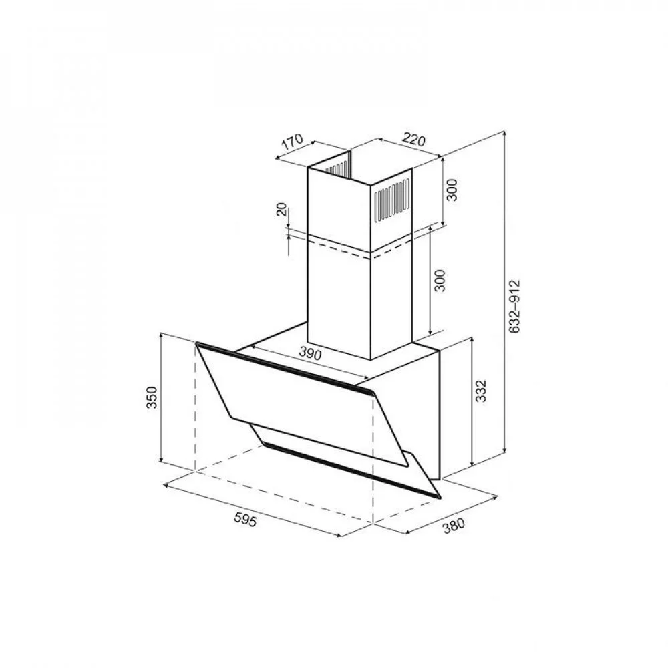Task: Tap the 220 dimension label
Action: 413,140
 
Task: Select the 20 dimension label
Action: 282,209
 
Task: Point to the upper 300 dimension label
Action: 452,190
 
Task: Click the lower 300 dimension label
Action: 440,281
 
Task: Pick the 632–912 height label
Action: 514,306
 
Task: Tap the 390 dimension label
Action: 310,353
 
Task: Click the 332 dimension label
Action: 480,391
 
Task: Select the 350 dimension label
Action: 152,397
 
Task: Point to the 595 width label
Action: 245,519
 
